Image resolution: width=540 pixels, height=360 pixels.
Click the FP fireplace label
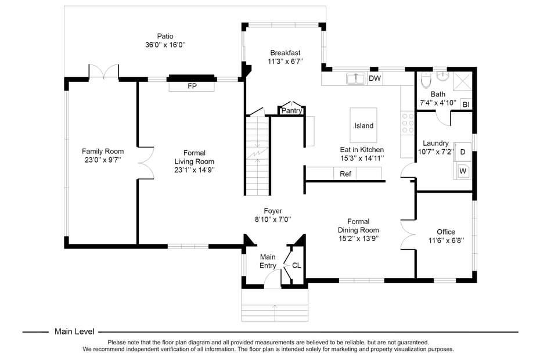click(x=192, y=86)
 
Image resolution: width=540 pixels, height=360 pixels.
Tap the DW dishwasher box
click(x=375, y=78)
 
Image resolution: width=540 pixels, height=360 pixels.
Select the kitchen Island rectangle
click(x=364, y=125)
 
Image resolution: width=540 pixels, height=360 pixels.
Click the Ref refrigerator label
click(x=345, y=174)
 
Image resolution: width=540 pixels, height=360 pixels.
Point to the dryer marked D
click(x=463, y=152)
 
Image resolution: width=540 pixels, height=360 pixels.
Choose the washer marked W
click(x=463, y=171)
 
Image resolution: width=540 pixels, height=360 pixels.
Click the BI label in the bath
click(x=465, y=105)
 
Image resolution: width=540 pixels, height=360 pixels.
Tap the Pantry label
click(x=291, y=110)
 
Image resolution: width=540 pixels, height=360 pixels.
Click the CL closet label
click(x=296, y=265)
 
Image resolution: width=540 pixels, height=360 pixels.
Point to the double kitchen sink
click(x=355, y=78)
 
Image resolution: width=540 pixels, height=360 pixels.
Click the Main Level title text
click(x=74, y=332)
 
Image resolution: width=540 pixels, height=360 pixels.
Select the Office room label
click(x=446, y=232)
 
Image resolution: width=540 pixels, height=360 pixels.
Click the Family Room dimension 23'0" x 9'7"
click(x=102, y=160)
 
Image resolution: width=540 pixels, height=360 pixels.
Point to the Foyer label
click(x=272, y=211)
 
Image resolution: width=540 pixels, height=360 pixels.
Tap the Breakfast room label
click(x=285, y=53)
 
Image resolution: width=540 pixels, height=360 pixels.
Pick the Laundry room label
click(x=435, y=143)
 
